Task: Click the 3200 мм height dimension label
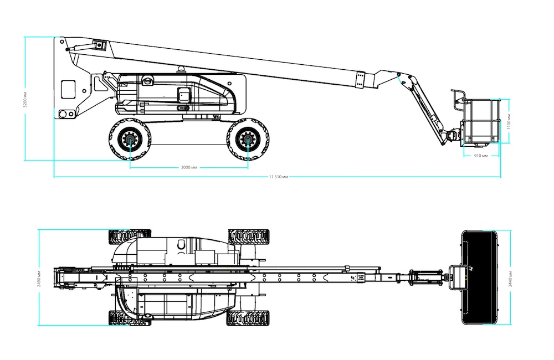[x=25, y=99]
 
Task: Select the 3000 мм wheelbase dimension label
[x=189, y=167]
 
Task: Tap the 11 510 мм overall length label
[x=279, y=177]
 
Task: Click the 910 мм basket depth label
[x=480, y=156]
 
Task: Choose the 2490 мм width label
[x=39, y=279]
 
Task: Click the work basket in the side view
[x=480, y=121]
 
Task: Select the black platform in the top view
[x=479, y=277]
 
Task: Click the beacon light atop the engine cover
[x=182, y=69]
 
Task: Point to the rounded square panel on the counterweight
[x=68, y=89]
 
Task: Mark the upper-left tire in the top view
[x=130, y=236]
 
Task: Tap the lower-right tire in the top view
[x=248, y=318]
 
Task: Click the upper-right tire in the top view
[x=248, y=236]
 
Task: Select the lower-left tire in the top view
[x=130, y=318]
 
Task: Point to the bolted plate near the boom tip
[x=360, y=80]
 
